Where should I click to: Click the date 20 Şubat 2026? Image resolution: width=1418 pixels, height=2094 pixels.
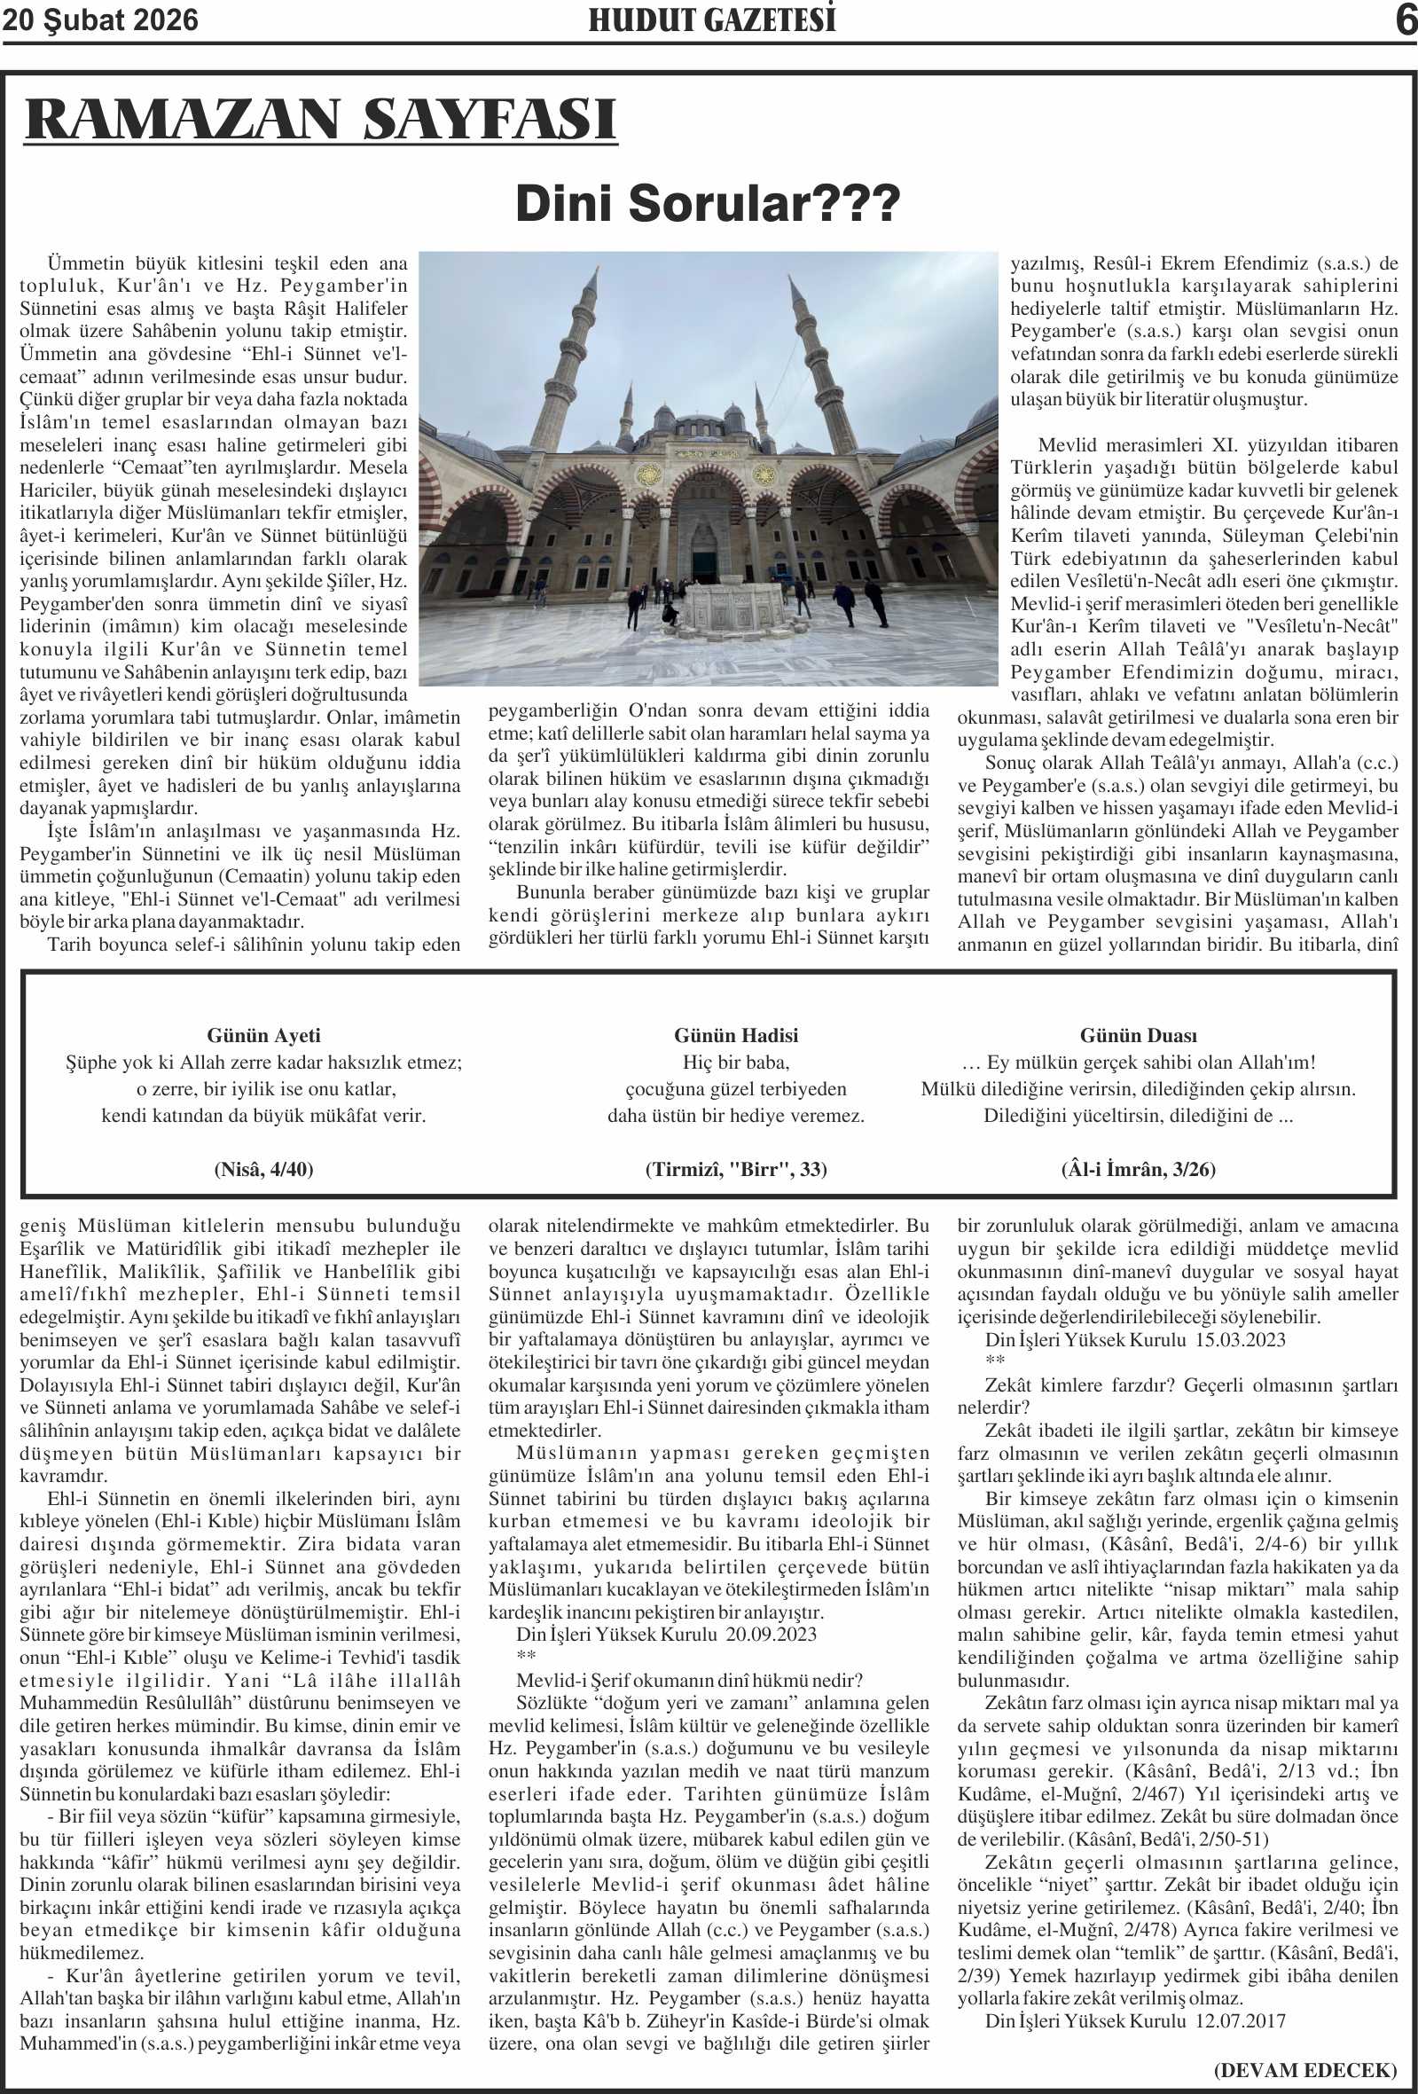click(100, 20)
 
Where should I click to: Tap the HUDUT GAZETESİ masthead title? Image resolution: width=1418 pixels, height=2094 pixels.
click(712, 20)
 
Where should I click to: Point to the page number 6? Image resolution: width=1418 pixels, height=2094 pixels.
click(1405, 20)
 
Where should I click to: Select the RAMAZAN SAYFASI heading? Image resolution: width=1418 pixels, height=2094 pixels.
click(321, 119)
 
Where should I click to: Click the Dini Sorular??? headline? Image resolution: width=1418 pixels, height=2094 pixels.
click(707, 203)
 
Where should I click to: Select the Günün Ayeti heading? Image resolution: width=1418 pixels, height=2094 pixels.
click(263, 1035)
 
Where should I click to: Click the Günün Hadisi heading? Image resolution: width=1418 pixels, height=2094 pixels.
click(735, 1035)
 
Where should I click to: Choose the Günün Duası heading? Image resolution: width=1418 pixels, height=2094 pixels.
click(1138, 1035)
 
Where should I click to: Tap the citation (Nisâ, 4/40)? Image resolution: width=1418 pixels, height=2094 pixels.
click(263, 1170)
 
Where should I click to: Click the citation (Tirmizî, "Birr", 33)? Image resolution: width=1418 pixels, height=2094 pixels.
click(735, 1170)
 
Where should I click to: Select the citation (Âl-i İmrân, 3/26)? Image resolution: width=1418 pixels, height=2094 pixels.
click(1138, 1170)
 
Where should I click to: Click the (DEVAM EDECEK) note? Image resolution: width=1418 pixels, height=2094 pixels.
click(1305, 2069)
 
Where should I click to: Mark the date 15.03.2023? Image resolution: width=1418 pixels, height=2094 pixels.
click(1240, 1339)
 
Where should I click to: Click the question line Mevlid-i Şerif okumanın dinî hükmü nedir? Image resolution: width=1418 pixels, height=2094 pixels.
click(689, 1680)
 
